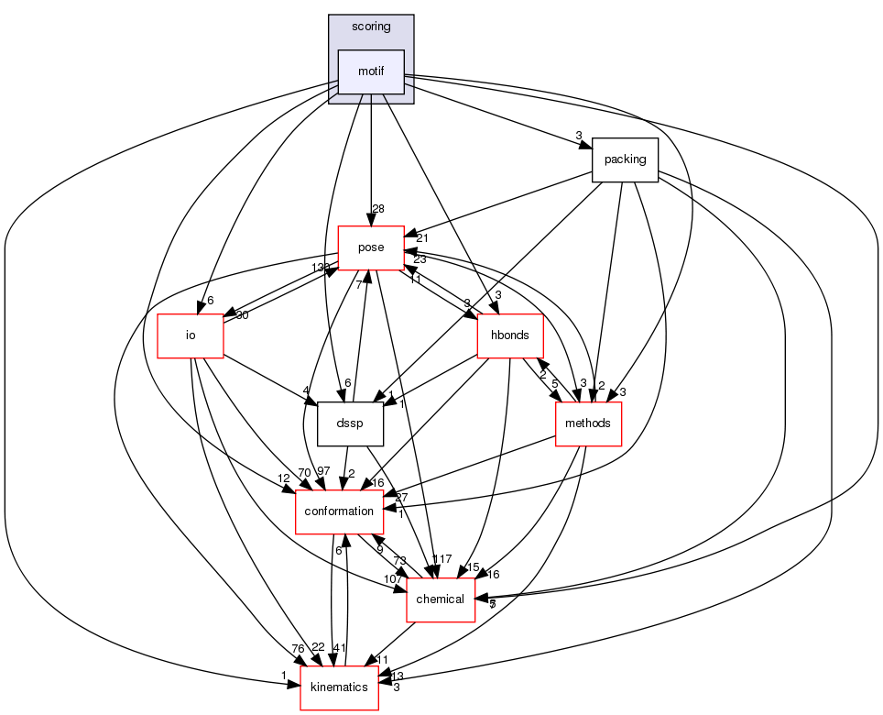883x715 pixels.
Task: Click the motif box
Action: [x=371, y=72]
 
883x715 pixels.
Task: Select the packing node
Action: [x=626, y=159]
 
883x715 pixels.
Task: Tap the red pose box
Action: [x=372, y=248]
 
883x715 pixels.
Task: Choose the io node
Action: [x=191, y=335]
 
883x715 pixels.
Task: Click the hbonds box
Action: [x=510, y=335]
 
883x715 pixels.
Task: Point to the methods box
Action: [x=589, y=423]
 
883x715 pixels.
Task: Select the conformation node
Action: [x=339, y=511]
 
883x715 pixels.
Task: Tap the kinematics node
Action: [x=340, y=687]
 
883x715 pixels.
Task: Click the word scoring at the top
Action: [x=371, y=27]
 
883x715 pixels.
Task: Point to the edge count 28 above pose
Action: [x=378, y=210]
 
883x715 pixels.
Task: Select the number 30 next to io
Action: [x=243, y=316]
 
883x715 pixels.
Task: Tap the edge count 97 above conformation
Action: [x=323, y=471]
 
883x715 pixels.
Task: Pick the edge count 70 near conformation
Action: [x=278, y=473]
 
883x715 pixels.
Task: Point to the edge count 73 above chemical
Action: [x=399, y=560]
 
